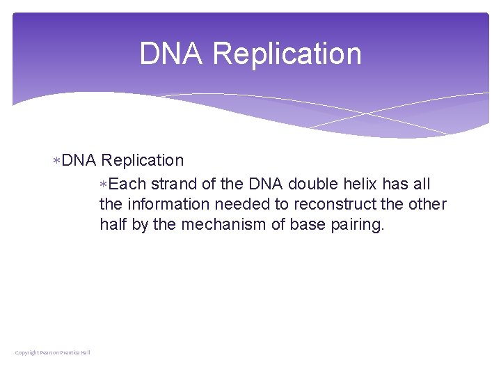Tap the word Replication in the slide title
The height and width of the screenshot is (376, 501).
coord(287,54)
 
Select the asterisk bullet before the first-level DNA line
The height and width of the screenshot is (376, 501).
coord(58,161)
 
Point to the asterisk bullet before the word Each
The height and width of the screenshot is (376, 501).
coord(104,185)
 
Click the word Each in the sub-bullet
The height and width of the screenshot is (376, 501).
coord(127,185)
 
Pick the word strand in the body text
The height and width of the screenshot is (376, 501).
coord(173,185)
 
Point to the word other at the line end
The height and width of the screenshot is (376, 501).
coord(428,204)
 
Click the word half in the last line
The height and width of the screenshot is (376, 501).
coord(113,224)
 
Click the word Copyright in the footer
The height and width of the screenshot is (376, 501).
coord(27,352)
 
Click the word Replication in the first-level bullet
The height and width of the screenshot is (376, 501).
coord(143,161)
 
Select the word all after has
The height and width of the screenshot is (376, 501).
coord(422,185)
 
